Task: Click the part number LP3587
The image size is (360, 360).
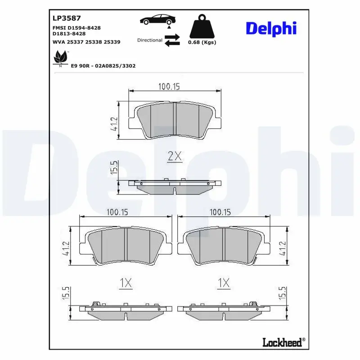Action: (67, 18)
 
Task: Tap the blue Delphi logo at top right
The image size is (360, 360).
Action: (271, 29)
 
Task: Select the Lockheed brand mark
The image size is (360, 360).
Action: (284, 342)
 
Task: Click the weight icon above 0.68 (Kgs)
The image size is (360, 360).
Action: (202, 27)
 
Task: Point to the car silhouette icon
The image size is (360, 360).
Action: (158, 19)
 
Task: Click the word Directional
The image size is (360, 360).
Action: (150, 40)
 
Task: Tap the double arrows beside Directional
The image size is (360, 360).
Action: (172, 40)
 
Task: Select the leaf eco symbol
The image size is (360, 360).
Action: (61, 58)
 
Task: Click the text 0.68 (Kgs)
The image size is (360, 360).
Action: (202, 42)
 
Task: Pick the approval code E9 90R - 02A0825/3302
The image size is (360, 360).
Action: (103, 66)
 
